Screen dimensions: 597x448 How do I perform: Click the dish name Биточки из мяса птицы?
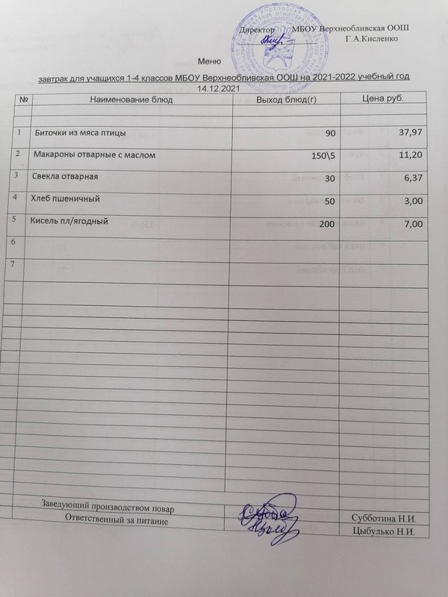pos(81,133)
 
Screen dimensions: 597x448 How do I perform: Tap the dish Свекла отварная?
pos(66,178)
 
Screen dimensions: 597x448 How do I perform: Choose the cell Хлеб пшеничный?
pos(64,200)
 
